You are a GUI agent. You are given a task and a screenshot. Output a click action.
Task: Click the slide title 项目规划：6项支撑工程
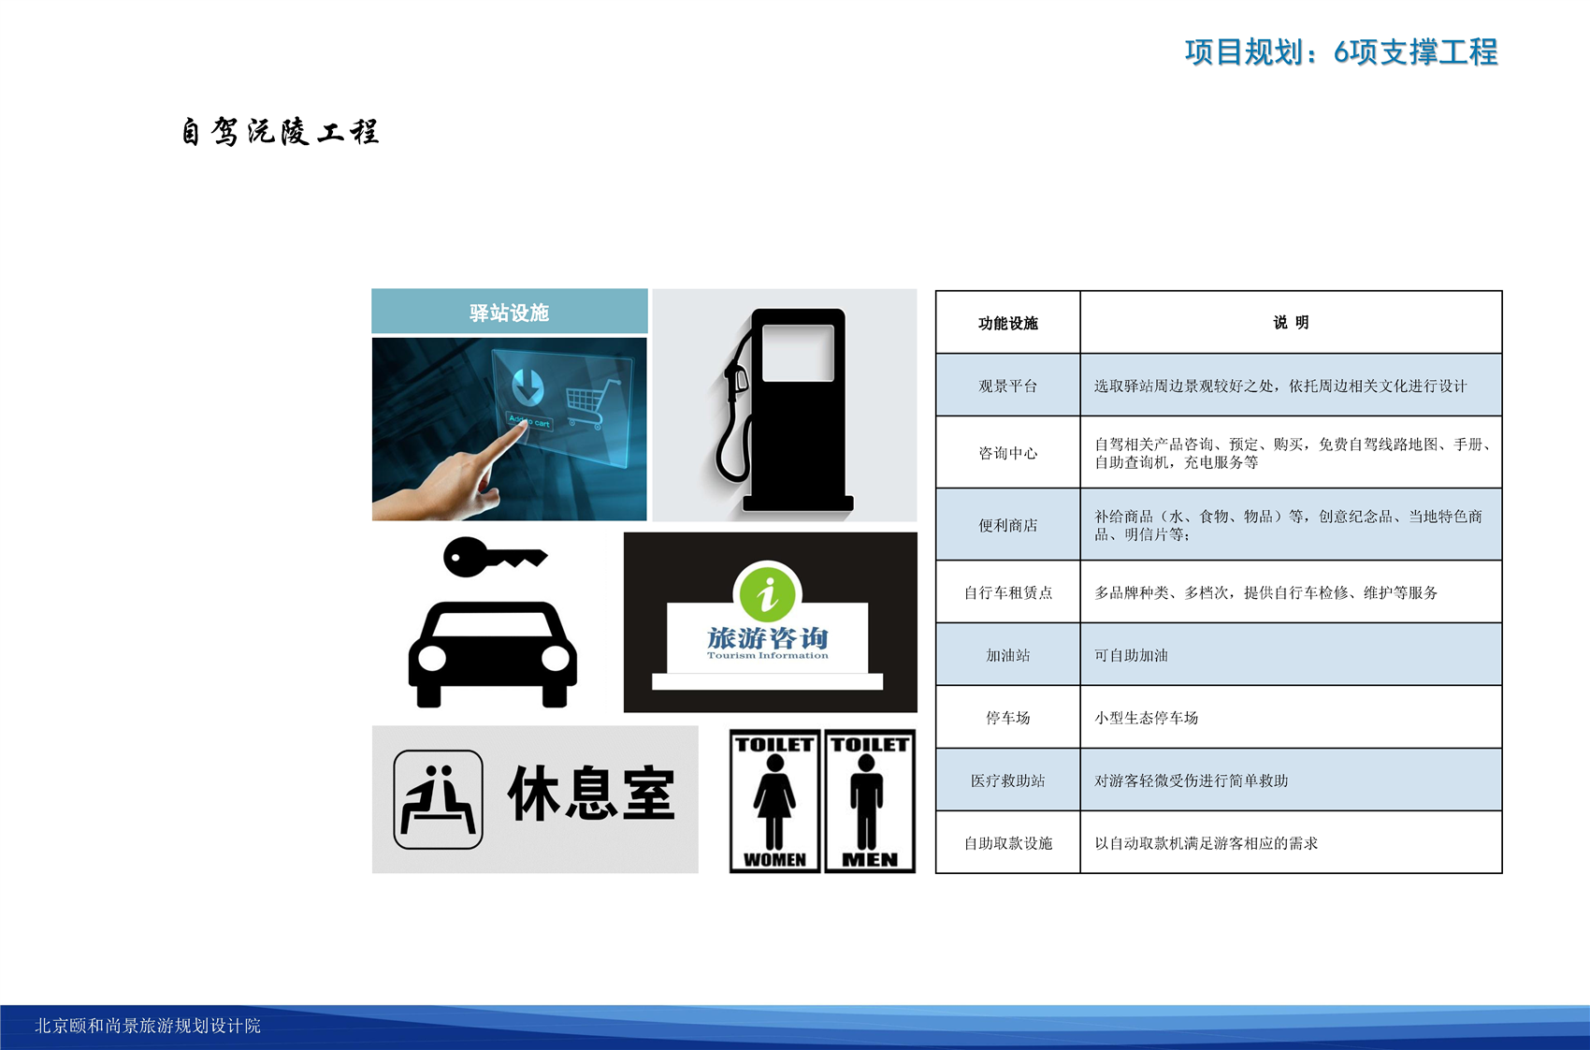(x=1341, y=51)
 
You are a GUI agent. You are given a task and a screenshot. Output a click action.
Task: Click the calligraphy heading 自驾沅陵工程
(x=280, y=131)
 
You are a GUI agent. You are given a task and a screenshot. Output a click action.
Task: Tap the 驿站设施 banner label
(x=509, y=313)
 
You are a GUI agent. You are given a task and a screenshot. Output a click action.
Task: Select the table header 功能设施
(x=1008, y=323)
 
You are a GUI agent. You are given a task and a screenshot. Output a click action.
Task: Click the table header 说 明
(x=1291, y=323)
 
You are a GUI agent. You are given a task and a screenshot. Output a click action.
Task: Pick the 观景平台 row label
(x=1008, y=386)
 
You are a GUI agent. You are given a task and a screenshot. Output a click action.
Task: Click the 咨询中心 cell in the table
(x=1008, y=453)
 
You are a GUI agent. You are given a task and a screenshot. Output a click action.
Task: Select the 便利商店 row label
(x=1008, y=525)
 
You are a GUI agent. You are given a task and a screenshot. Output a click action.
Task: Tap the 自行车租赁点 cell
(x=1008, y=592)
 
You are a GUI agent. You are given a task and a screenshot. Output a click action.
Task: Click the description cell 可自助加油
(x=1131, y=655)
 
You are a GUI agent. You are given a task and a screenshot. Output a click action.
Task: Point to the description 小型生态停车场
(x=1146, y=718)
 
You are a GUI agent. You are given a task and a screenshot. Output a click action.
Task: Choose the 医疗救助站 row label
(x=1008, y=780)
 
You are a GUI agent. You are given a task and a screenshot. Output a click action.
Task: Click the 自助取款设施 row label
(x=1008, y=842)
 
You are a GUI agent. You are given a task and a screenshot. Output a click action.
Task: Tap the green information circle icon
(x=767, y=593)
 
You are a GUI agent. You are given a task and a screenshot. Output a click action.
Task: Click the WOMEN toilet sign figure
(x=774, y=802)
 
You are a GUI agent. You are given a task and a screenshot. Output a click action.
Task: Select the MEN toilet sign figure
(x=867, y=802)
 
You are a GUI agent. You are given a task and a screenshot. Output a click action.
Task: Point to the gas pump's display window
(x=798, y=353)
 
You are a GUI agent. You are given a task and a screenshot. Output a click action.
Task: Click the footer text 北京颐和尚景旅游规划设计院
(x=148, y=1025)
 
